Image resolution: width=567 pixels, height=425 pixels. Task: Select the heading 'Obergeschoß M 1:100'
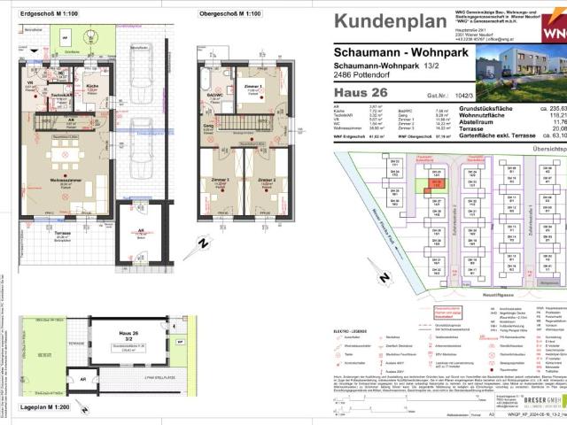pyautogui.click(x=229, y=14)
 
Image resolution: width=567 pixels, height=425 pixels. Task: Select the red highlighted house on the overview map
pyautogui.click(x=436, y=186)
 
